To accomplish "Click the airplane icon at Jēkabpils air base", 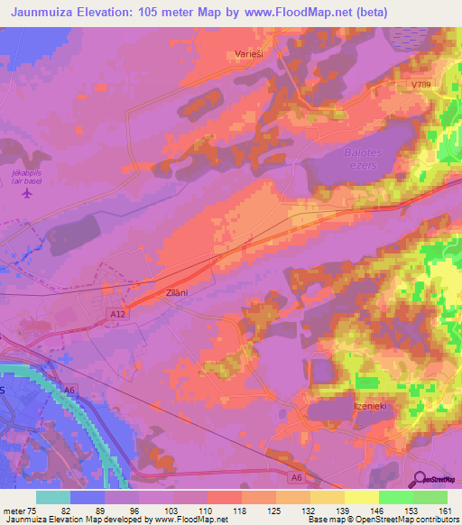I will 26,192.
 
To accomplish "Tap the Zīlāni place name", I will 176,293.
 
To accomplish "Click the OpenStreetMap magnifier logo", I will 420,481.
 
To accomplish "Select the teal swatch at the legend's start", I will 52,497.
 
